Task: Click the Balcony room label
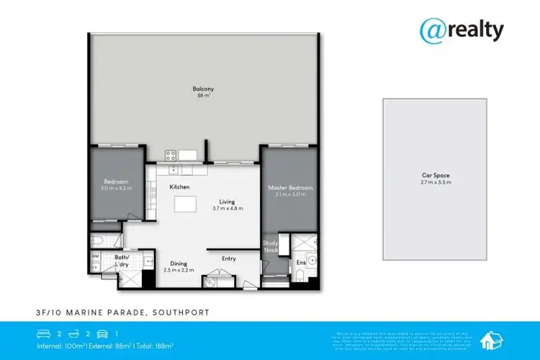tap(203, 89)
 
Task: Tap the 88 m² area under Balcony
tap(203, 96)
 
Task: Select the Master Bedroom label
tap(287, 188)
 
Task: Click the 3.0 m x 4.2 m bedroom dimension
tap(115, 188)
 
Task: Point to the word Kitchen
tap(179, 187)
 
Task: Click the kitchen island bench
tap(186, 207)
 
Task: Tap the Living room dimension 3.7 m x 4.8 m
tap(228, 208)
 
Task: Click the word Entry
tap(229, 258)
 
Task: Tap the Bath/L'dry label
tap(122, 261)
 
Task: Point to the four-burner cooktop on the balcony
tap(171, 155)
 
